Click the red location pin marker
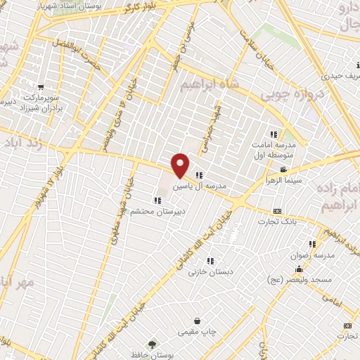click(181, 165)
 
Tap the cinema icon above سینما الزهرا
click(283, 170)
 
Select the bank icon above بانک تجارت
click(277, 211)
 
